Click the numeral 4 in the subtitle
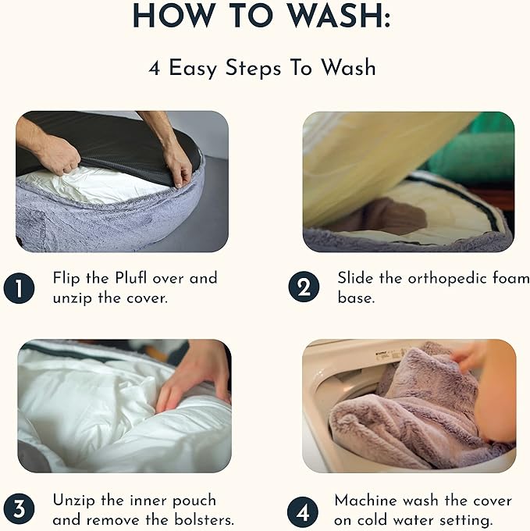tap(154, 68)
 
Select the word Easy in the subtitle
tap(192, 69)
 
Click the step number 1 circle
tap(19, 288)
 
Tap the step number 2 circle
tap(304, 287)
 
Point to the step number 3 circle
tap(19, 509)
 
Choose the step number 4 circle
tap(303, 512)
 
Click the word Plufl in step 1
tap(131, 278)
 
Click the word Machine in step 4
tap(365, 501)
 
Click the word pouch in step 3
tap(194, 501)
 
